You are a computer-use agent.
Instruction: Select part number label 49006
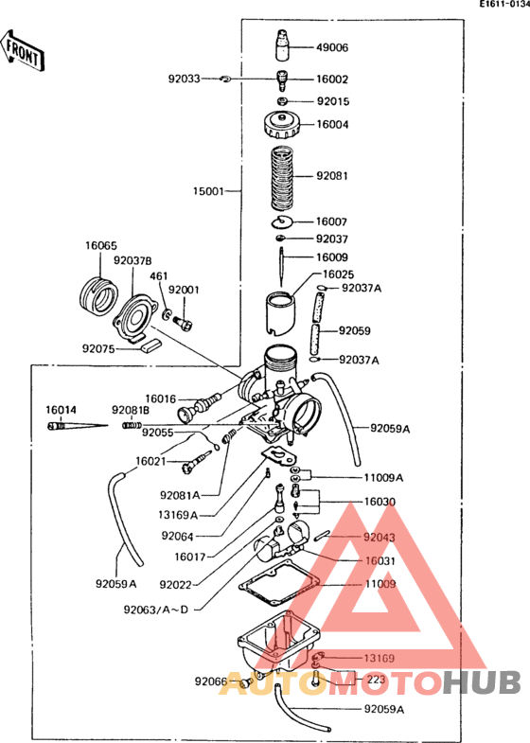(x=332, y=46)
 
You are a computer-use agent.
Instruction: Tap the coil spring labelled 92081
(x=282, y=177)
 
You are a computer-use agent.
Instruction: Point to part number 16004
(x=332, y=124)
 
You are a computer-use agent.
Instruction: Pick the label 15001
(x=208, y=190)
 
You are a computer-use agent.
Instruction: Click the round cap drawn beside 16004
(x=282, y=124)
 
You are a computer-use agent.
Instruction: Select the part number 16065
(x=100, y=245)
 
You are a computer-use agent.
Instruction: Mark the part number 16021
(x=150, y=461)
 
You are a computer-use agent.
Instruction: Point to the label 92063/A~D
(x=156, y=610)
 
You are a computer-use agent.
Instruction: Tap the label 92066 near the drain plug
(x=211, y=681)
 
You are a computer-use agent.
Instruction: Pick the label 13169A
(x=180, y=515)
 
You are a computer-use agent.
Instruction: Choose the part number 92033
(x=185, y=80)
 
